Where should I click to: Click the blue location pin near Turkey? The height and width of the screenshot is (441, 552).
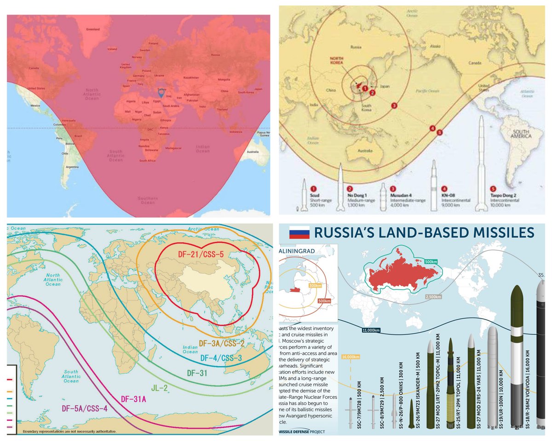(x=161, y=92)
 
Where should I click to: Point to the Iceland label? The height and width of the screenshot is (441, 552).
(x=112, y=49)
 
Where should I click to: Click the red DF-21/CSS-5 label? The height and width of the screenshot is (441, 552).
(x=201, y=254)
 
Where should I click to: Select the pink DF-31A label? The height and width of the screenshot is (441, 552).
(x=133, y=398)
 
